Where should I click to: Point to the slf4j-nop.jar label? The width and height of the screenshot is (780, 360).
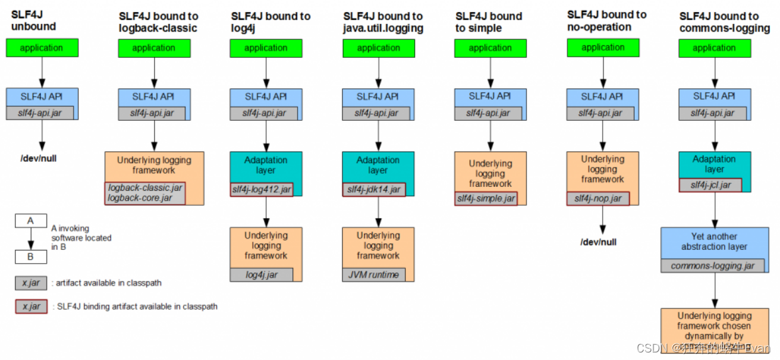pyautogui.click(x=598, y=198)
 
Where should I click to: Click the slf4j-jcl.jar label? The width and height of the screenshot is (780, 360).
pyautogui.click(x=711, y=185)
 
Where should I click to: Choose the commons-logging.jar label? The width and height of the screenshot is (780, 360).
pyautogui.click(x=713, y=266)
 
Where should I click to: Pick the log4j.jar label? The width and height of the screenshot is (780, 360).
pyautogui.click(x=262, y=275)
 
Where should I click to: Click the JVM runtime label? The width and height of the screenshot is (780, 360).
pyautogui.click(x=374, y=274)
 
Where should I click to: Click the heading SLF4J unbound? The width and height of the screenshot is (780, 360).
pyautogui.click(x=33, y=21)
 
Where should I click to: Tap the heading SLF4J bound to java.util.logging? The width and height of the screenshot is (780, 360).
pyautogui.click(x=383, y=22)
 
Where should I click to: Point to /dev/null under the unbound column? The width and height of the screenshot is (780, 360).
pyautogui.click(x=38, y=158)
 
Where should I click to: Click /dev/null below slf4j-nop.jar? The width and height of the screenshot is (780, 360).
pyautogui.click(x=598, y=242)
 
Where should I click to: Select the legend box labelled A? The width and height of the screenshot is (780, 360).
pyautogui.click(x=31, y=221)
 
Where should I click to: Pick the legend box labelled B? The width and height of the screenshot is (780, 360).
pyautogui.click(x=31, y=257)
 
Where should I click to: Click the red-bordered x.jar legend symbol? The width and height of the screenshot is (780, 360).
pyautogui.click(x=31, y=307)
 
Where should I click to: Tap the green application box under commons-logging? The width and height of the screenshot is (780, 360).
pyautogui.click(x=714, y=48)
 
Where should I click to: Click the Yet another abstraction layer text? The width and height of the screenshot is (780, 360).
pyautogui.click(x=714, y=241)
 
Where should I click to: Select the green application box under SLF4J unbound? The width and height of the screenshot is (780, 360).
pyautogui.click(x=42, y=48)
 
